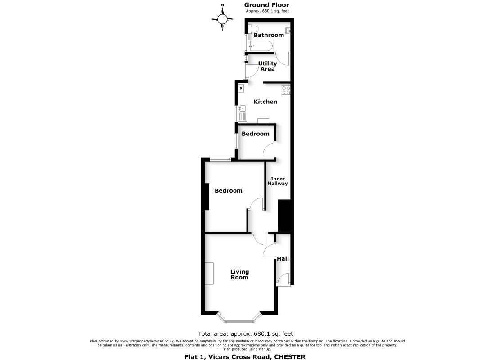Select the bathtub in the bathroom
pos(261,46)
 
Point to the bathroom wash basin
pos(288,31)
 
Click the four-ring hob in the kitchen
pos(286,90)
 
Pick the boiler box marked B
pos(241,88)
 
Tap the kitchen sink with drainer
pos(243,113)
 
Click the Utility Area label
pos(267,66)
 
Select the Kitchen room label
pos(265,102)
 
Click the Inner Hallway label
pos(278,181)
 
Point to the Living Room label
pos(239,274)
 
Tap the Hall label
pos(283,259)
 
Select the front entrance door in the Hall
pos(283,279)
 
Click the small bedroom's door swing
pos(269,149)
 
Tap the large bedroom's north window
pos(220,159)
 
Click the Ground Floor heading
pos(266,5)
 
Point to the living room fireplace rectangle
pos(209,274)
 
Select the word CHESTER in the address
pos(290,357)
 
